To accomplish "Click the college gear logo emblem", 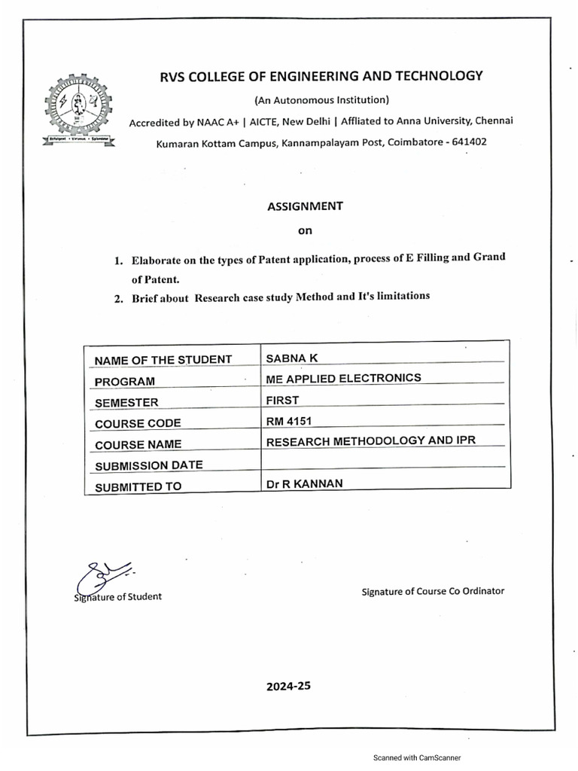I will [x=78, y=107].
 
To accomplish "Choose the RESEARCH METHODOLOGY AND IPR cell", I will [x=373, y=440].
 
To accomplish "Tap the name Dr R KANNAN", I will [x=303, y=483].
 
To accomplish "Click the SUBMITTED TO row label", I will [x=138, y=486].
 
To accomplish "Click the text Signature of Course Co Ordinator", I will [x=433, y=591].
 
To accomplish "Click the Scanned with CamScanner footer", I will [x=417, y=757].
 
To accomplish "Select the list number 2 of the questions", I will [x=118, y=299].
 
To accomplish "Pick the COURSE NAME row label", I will [x=138, y=445].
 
